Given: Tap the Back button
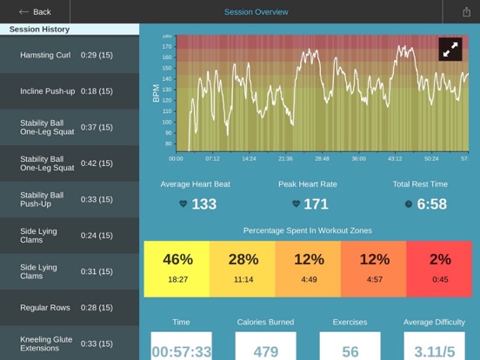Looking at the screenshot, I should (x=35, y=12).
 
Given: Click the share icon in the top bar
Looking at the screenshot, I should (x=468, y=12).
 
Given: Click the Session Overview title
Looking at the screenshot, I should (x=256, y=12).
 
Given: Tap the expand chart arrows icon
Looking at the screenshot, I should (x=450, y=50).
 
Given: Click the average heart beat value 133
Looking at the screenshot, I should (x=203, y=204).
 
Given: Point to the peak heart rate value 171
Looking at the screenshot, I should (x=315, y=204).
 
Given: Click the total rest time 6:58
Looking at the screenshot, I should (x=431, y=204).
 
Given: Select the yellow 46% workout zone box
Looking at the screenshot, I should (x=177, y=269).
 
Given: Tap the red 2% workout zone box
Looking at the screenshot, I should (x=440, y=269).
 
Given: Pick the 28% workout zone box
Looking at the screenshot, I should (x=243, y=269).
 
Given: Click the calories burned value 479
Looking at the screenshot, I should (x=265, y=350).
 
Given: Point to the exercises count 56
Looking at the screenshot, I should (x=350, y=350).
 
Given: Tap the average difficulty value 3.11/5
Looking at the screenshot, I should (x=435, y=350).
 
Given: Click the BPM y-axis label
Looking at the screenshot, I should (x=157, y=94).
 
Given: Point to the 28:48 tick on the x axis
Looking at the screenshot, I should (x=322, y=159).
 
